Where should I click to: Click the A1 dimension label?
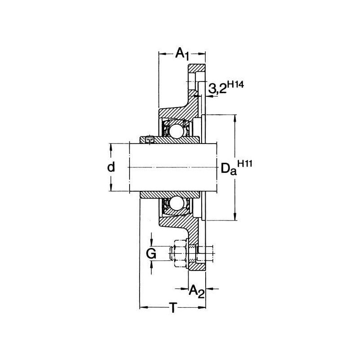pyautogui.click(x=182, y=54)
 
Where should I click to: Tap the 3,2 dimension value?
pyautogui.click(x=217, y=88)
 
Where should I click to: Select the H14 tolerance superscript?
pyautogui.click(x=235, y=85)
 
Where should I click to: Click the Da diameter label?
pyautogui.click(x=229, y=169)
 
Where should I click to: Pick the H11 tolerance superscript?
pyautogui.click(x=245, y=164)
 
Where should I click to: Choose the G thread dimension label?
pyautogui.click(x=151, y=253)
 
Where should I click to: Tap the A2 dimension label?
pyautogui.click(x=197, y=292)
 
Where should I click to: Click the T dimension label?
pyautogui.click(x=173, y=307)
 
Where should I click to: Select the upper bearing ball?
pyautogui.click(x=176, y=131)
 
